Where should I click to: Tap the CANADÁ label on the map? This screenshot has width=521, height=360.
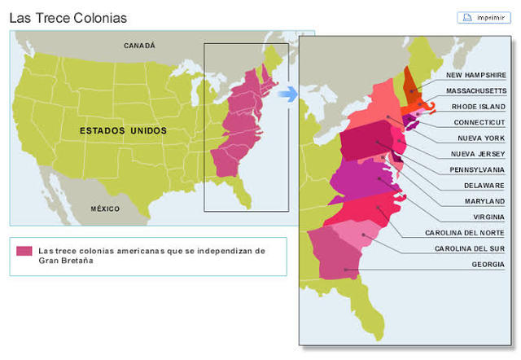(139, 46)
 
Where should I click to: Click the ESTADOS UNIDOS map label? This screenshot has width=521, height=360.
(123, 130)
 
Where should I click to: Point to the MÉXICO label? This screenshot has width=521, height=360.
(105, 209)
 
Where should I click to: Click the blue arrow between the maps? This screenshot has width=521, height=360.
(287, 94)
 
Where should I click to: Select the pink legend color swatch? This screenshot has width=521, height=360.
(24, 251)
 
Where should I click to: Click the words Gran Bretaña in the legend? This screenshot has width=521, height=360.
(65, 261)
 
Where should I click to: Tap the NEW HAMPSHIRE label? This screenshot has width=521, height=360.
(475, 75)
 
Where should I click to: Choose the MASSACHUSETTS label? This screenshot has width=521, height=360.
(475, 90)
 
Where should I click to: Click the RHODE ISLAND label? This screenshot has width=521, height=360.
(479, 106)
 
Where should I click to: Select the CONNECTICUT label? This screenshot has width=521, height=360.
(479, 122)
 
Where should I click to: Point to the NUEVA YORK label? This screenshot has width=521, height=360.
(483, 138)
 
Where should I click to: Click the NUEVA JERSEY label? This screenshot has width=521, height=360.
(479, 154)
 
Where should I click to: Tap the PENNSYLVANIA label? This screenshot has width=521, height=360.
(477, 169)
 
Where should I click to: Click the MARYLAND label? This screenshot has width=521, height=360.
(484, 201)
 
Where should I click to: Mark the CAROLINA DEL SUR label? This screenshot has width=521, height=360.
(470, 248)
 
